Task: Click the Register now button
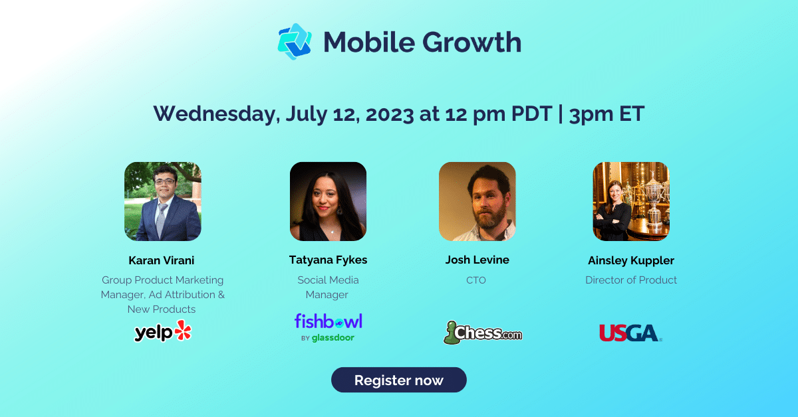398,380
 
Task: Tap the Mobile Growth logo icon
295,42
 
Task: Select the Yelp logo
163,331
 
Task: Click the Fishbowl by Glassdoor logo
329,327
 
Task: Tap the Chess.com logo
483,332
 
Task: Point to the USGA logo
630,332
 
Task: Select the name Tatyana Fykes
328,260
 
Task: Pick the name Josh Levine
476,260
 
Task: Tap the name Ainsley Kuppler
630,260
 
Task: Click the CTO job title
476,280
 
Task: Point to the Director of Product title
630,280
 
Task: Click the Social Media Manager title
328,287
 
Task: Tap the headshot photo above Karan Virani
163,201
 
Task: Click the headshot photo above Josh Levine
477,201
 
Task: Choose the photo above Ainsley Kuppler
630,201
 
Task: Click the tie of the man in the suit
162,219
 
